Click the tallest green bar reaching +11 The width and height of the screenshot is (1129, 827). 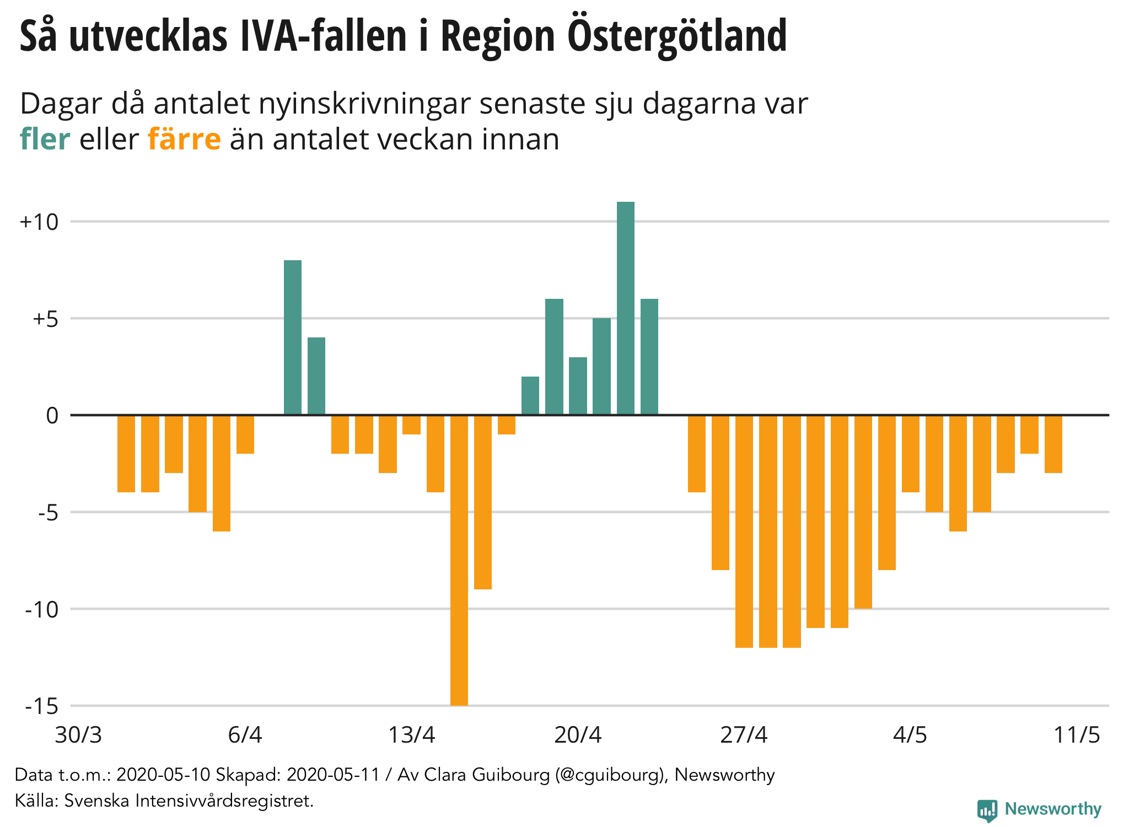click(625, 308)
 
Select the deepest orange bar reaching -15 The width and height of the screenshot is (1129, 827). click(459, 560)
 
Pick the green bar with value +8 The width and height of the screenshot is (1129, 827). click(293, 337)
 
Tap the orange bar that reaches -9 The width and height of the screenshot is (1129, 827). click(483, 502)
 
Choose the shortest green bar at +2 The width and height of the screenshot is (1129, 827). click(530, 396)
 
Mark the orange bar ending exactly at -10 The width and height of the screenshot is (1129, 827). click(863, 512)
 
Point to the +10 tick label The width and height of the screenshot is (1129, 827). click(39, 222)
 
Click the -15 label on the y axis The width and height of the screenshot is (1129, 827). click(41, 706)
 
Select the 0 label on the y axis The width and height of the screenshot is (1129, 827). click(52, 416)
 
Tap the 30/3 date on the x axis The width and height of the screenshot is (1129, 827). click(78, 735)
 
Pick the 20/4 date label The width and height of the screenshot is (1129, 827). click(578, 735)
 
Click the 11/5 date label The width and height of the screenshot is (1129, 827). click(1077, 735)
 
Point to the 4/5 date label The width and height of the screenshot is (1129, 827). click(910, 735)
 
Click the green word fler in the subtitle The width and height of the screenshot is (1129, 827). click(45, 139)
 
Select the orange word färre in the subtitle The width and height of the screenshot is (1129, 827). click(184, 139)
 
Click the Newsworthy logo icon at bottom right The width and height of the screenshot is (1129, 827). click(987, 810)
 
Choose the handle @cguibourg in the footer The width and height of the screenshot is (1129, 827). click(609, 775)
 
